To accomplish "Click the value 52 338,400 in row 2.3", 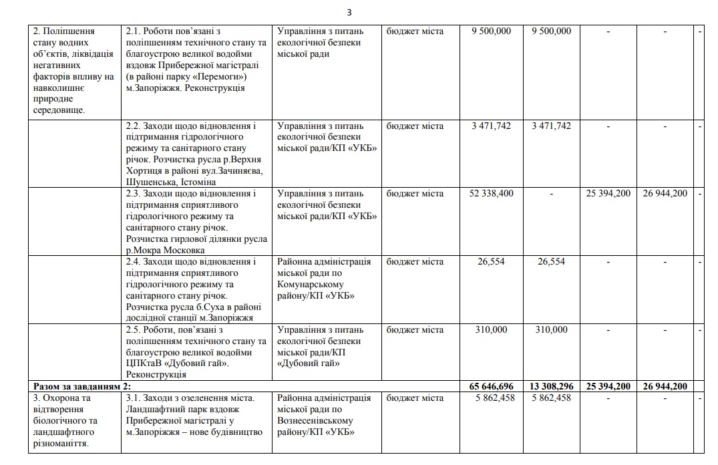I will pos(491,194).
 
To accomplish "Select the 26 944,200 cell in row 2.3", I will pos(665,194).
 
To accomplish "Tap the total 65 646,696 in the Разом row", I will pos(491,386).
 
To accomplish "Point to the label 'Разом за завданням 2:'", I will pos(81,386).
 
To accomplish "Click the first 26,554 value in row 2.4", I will pos(491,262).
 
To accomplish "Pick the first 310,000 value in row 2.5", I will pos(491,330).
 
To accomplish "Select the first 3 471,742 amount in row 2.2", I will pos(491,126).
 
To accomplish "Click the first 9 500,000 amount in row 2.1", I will pos(491,31).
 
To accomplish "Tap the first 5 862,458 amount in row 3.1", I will pos(491,398).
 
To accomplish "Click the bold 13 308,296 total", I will pos(551,386).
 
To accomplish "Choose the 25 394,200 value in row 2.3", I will pos(608,194).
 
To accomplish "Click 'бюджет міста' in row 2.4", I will pos(414,262).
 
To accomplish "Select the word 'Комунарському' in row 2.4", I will pos(308,285).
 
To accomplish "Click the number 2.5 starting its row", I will pos(133,330).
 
